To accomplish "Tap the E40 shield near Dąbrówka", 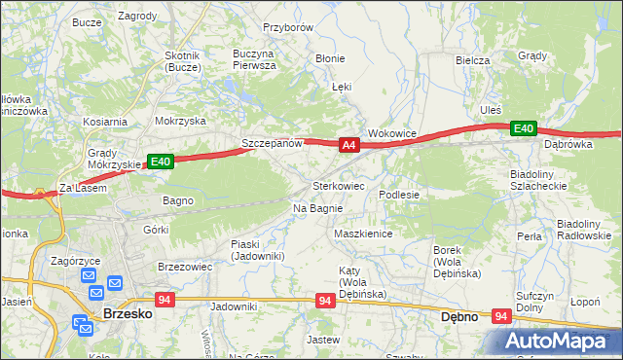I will [x=524, y=128].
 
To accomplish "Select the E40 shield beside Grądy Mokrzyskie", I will [x=161, y=162].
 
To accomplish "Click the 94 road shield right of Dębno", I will [x=502, y=316].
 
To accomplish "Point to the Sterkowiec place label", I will [x=338, y=185].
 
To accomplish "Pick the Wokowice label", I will [x=392, y=133].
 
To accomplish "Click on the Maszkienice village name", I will [x=362, y=234].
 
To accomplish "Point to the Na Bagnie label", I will [x=317, y=208].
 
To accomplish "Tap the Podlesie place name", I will [x=399, y=195].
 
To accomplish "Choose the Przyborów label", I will [x=287, y=28].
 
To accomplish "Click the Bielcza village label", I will [x=472, y=60].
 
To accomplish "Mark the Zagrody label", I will [x=137, y=17].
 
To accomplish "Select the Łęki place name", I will [x=341, y=87].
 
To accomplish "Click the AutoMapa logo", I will [x=560, y=341].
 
